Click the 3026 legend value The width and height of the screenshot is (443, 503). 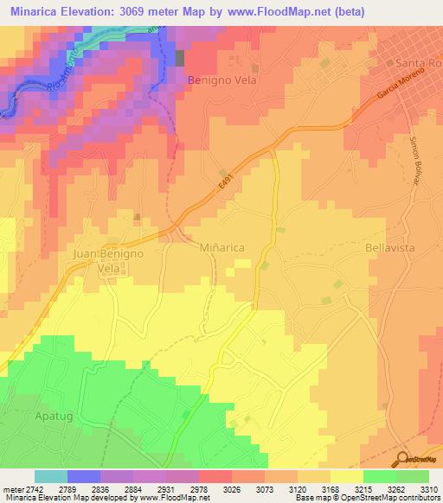pos(232,488)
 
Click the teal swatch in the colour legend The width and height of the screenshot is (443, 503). pos(51,476)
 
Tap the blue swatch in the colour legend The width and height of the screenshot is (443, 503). pos(84,476)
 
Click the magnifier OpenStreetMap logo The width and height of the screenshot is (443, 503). pos(403,458)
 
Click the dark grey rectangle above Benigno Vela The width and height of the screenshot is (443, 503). pos(180,58)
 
